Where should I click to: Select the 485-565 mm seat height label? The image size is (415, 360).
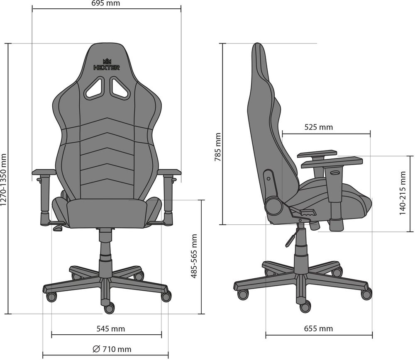(193, 255)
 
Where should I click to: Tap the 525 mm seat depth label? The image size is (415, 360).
(319, 127)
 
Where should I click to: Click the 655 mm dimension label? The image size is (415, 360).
(319, 329)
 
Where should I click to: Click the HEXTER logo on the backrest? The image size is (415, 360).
(107, 67)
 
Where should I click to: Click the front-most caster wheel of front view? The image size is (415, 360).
(109, 308)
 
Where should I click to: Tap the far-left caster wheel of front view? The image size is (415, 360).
(51, 297)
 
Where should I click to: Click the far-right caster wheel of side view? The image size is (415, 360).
(366, 294)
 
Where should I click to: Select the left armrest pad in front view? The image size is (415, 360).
(44, 172)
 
